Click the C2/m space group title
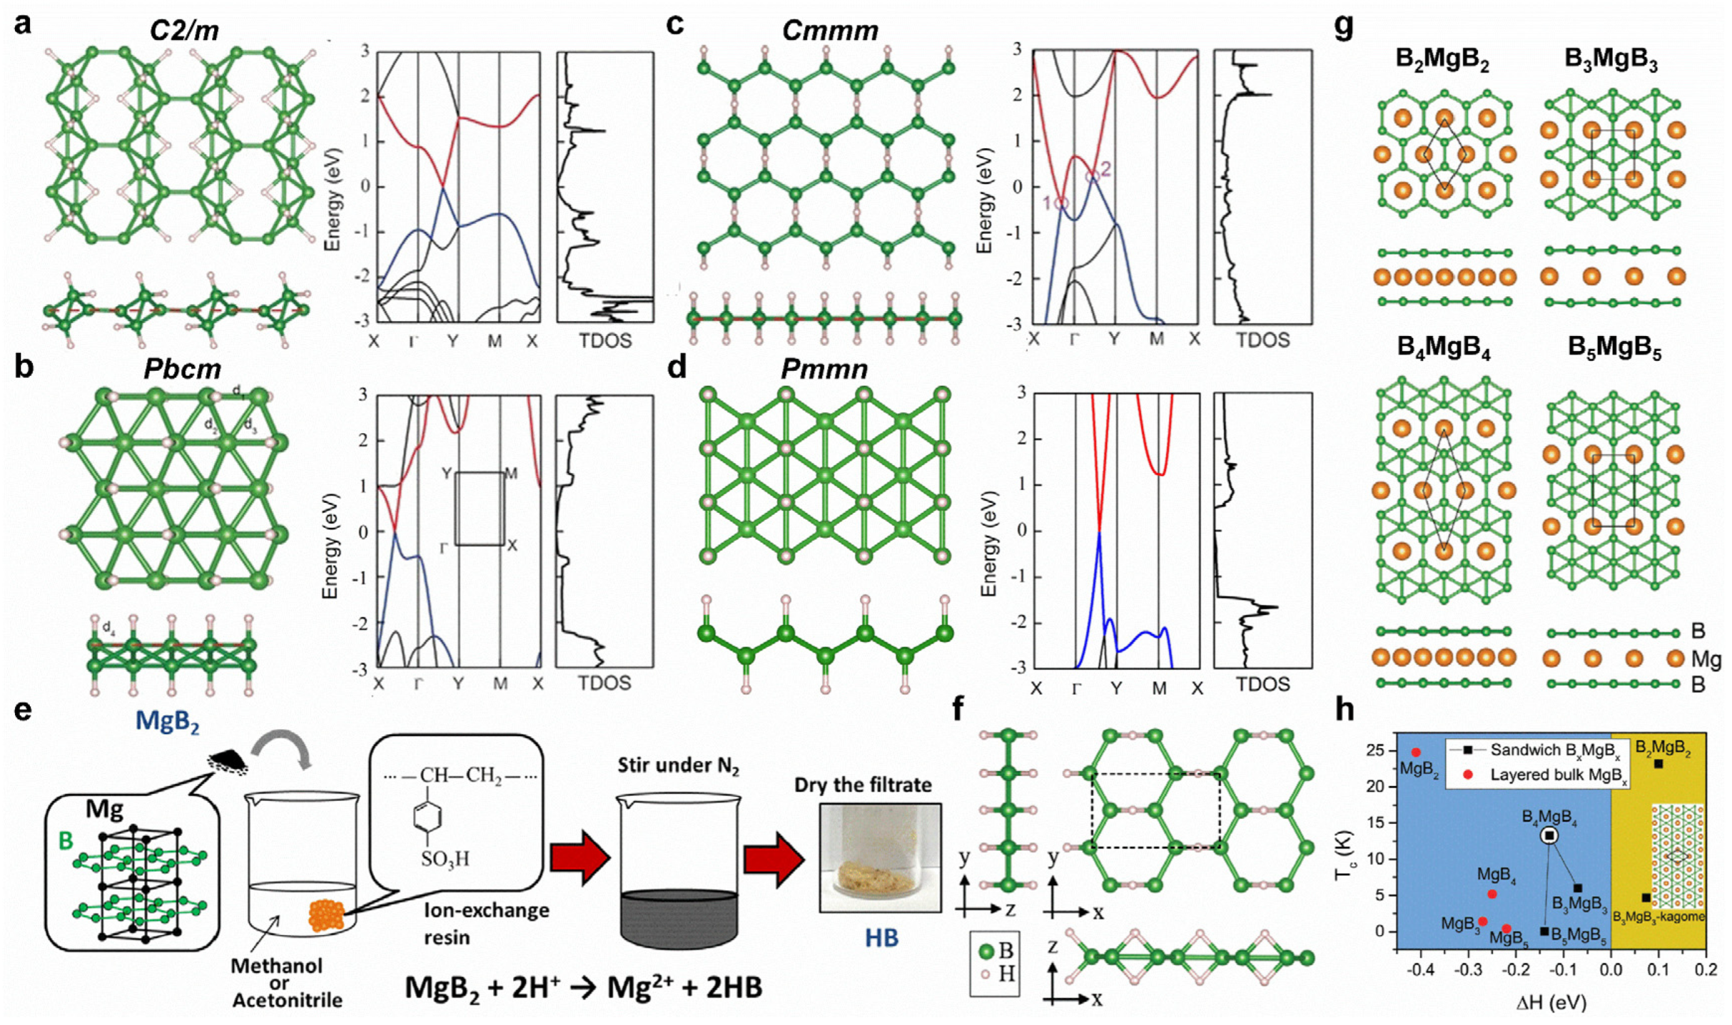184,30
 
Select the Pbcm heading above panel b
182,370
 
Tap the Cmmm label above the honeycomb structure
830,30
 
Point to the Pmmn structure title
824,370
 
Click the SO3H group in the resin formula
446,859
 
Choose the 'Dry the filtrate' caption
863,785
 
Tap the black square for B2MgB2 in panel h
1658,764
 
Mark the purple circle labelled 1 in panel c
1062,203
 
